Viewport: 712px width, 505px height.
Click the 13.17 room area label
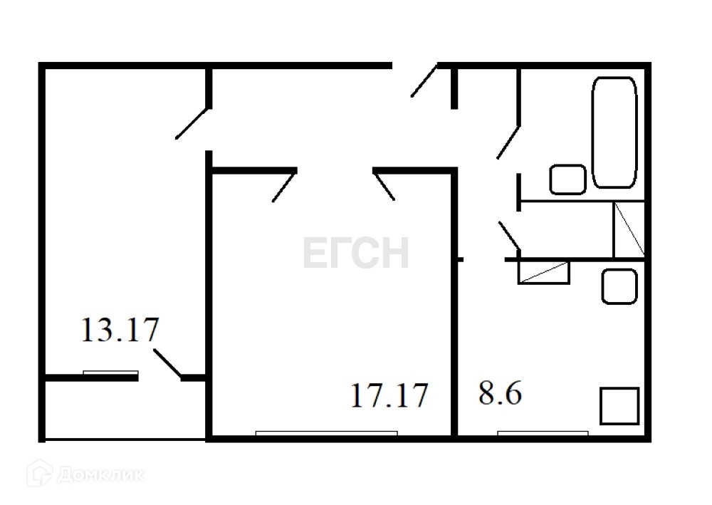[120, 330]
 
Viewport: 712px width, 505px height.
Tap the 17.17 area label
[389, 395]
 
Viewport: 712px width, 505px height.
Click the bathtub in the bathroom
[614, 132]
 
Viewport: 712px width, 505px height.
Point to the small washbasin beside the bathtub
[567, 179]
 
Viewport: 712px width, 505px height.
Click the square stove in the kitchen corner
[619, 405]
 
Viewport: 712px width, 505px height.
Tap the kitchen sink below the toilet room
[619, 286]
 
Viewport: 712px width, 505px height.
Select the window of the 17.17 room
[326, 432]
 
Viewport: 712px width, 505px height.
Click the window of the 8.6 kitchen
[543, 432]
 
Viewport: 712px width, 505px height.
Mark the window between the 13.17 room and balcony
[110, 372]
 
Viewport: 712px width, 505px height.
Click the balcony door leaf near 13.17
[168, 362]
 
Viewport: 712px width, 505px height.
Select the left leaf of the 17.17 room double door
[283, 187]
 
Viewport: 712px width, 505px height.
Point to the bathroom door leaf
[509, 140]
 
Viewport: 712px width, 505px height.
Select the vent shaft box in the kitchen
[544, 273]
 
